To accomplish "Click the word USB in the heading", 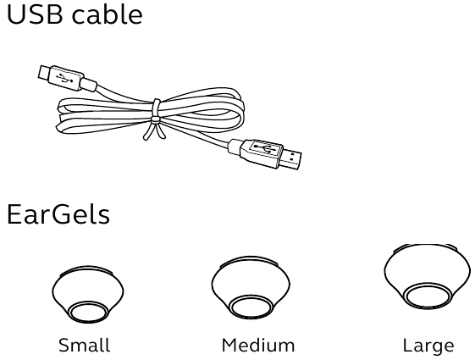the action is click(x=34, y=14).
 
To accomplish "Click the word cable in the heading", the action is click(x=107, y=14).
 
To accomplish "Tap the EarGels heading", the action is click(x=58, y=213).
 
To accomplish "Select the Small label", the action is click(x=84, y=345).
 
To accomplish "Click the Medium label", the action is click(x=258, y=345).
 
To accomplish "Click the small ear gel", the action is click(x=87, y=295).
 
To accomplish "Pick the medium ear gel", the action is click(x=251, y=287).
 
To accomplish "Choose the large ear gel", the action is click(x=428, y=276).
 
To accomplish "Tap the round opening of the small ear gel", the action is click(x=89, y=313).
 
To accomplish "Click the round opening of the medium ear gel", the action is click(x=251, y=307).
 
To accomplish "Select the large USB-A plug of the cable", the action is click(x=264, y=153).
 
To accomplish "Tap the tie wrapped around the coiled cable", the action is click(x=155, y=119).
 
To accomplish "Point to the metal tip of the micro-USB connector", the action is click(x=43, y=73).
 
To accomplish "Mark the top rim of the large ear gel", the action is click(x=426, y=246).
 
